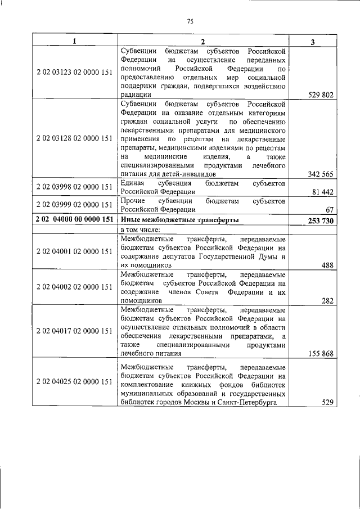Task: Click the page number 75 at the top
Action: (190, 21)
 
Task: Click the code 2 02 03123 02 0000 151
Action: (74, 73)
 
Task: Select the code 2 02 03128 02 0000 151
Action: (74, 138)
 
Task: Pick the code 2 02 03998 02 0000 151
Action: (74, 187)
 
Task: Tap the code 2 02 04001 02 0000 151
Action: (74, 252)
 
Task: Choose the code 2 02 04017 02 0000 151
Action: (74, 331)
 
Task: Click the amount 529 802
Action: (321, 95)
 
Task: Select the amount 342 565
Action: (321, 174)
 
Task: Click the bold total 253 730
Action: (321, 220)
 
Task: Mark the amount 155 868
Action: (321, 354)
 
